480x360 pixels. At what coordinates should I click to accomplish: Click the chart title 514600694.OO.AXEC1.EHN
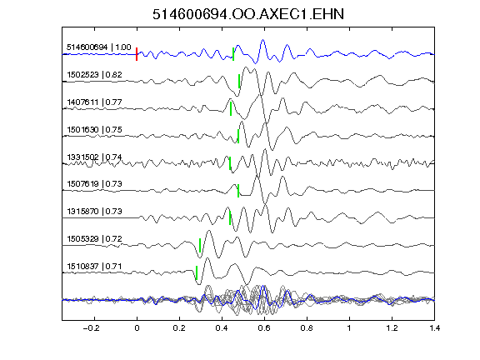click(248, 14)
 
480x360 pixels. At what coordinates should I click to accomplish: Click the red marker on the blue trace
click(137, 54)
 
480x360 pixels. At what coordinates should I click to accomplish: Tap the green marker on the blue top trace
click(233, 54)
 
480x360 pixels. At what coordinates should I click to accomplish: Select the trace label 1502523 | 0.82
click(94, 75)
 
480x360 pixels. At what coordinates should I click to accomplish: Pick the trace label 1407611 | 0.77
click(94, 102)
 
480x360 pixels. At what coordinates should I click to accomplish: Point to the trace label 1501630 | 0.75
click(94, 129)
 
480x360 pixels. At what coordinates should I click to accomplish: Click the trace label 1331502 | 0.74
click(94, 157)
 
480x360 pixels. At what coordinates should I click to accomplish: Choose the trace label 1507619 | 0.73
click(94, 183)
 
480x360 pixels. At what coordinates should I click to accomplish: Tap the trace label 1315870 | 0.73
click(94, 211)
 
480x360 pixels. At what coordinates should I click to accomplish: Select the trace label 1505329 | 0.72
click(94, 239)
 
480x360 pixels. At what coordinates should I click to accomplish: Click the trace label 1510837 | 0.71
click(94, 267)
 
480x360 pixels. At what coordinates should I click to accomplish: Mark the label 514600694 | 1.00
click(99, 47)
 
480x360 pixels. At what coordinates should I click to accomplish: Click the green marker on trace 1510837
click(197, 272)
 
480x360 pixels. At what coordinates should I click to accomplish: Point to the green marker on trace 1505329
click(200, 245)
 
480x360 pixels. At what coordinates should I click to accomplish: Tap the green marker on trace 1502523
click(239, 81)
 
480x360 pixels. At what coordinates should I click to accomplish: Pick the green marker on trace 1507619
click(238, 191)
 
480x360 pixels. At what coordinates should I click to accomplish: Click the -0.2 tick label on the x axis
click(91, 328)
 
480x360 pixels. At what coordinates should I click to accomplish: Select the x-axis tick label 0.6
click(264, 328)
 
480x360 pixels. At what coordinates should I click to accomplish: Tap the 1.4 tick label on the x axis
click(435, 328)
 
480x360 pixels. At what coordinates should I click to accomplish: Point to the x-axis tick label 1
click(349, 328)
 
